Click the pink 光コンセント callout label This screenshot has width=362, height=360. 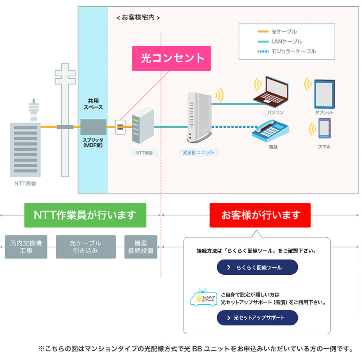(171, 58)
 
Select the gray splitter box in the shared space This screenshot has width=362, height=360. (94, 127)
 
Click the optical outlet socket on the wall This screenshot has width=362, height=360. (120, 127)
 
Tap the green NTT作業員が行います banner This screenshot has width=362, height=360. (85, 215)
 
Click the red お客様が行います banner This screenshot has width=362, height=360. (260, 215)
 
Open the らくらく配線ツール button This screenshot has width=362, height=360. (257, 267)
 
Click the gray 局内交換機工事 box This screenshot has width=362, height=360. (26, 247)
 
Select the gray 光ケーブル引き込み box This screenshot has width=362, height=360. (86, 247)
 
